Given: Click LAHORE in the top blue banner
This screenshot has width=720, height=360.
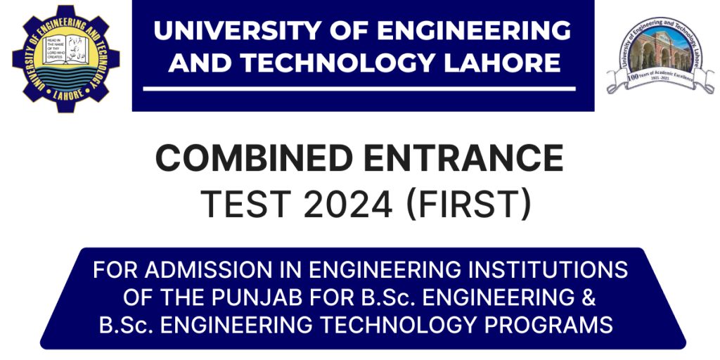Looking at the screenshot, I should [x=504, y=63].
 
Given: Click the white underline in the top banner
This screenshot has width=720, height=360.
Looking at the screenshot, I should [x=359, y=89].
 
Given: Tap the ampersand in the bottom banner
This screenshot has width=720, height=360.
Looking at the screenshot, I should [x=589, y=297].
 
